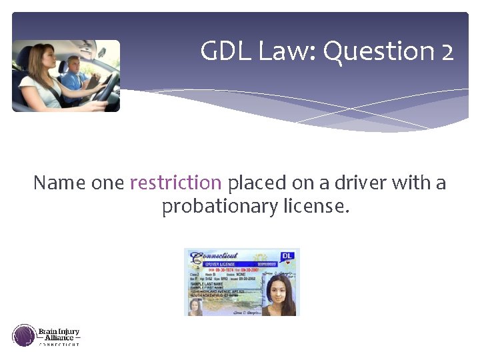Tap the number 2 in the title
447,51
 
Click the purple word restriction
175,183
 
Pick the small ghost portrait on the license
195,307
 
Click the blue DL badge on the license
288,255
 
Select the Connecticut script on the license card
215,257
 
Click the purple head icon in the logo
24,335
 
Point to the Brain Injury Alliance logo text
59,335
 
